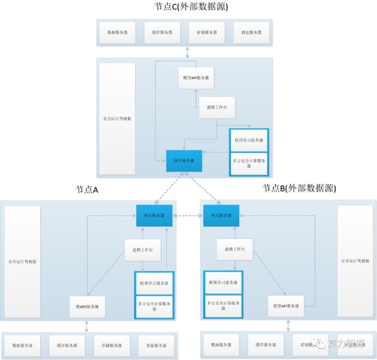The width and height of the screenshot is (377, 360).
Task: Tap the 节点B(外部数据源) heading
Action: click(299, 189)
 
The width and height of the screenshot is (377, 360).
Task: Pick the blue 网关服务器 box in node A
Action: click(154, 216)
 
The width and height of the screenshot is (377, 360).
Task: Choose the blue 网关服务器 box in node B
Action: click(221, 216)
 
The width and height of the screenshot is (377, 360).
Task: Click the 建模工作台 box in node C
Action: click(216, 107)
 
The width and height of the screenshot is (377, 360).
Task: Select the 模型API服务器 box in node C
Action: click(195, 77)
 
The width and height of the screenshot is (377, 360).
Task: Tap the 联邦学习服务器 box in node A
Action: click(156, 283)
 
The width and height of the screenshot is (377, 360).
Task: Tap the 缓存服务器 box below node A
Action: click(68, 344)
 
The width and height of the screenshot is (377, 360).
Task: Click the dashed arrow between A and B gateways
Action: click(188, 216)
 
